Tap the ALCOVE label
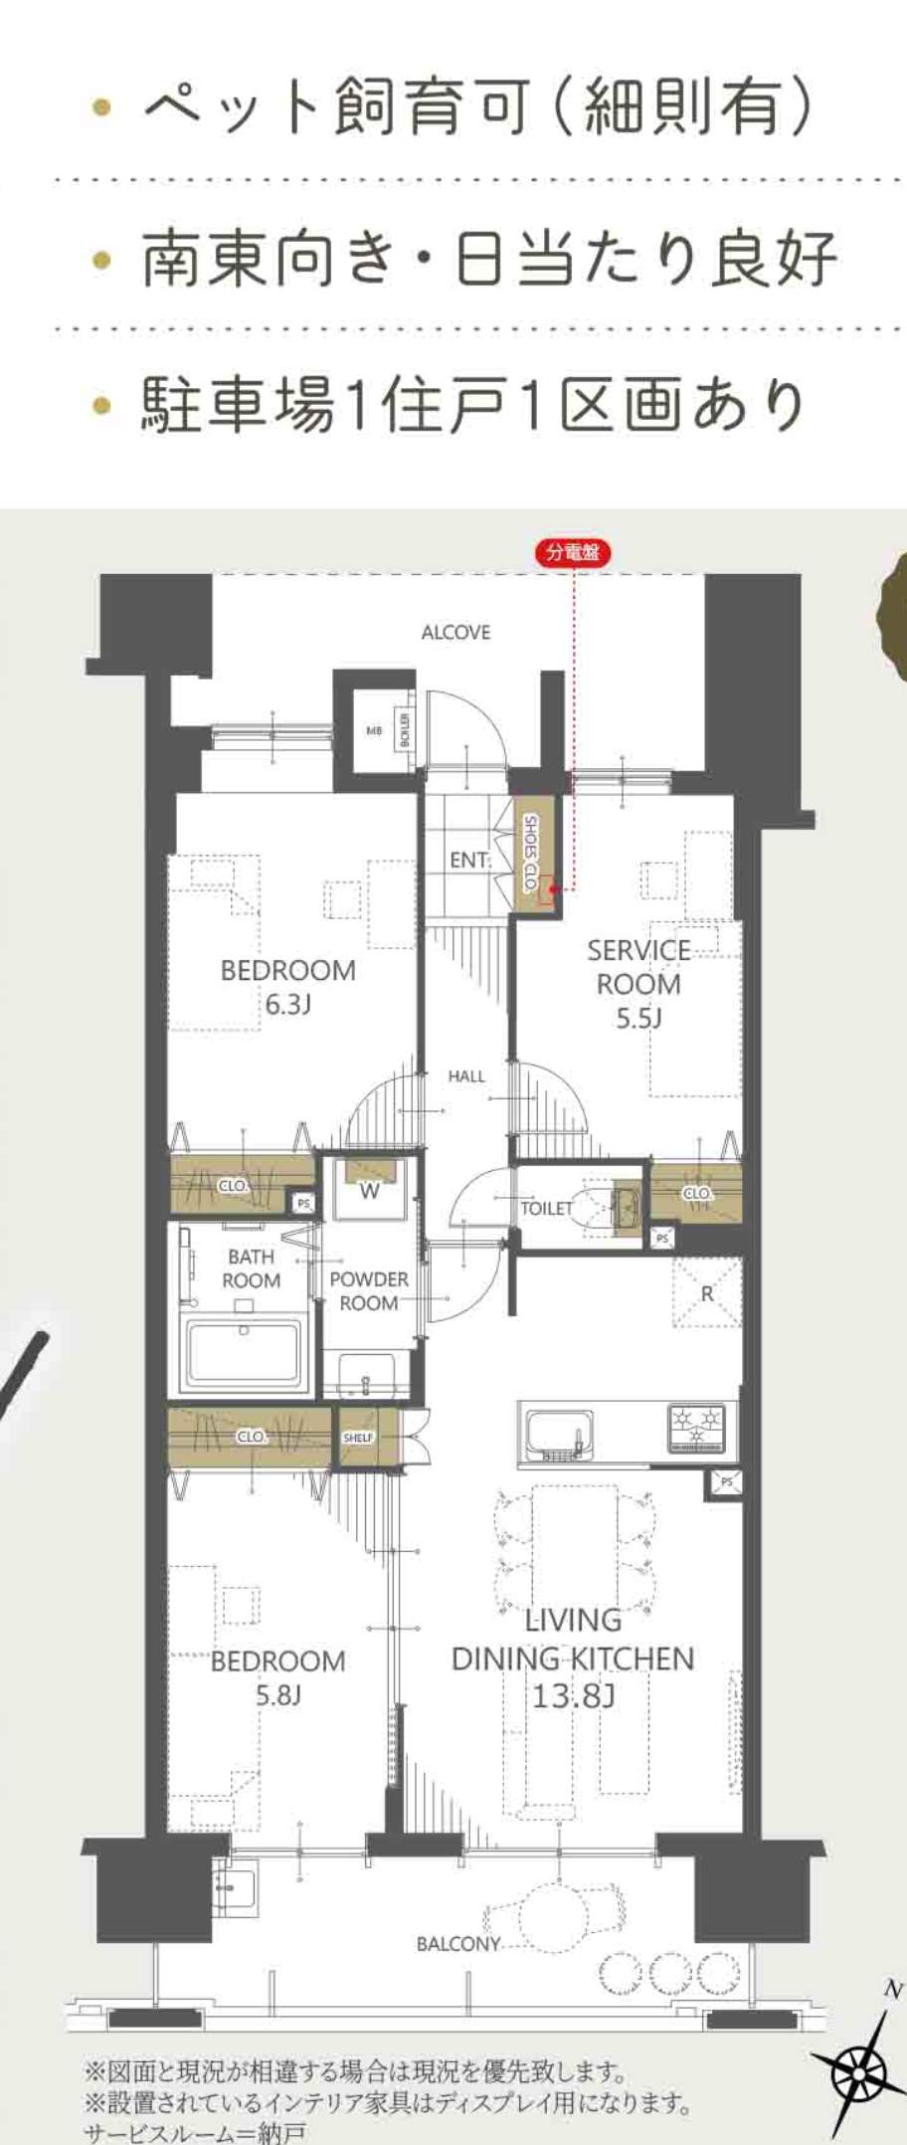point(455,633)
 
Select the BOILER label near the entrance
point(404,730)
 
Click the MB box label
point(374,730)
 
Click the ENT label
point(468,860)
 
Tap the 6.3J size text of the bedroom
point(287,1004)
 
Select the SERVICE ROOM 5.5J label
point(638,984)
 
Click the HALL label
point(466,1075)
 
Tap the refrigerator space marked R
point(707,1292)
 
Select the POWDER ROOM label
point(369,1290)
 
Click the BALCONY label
point(457,1942)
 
